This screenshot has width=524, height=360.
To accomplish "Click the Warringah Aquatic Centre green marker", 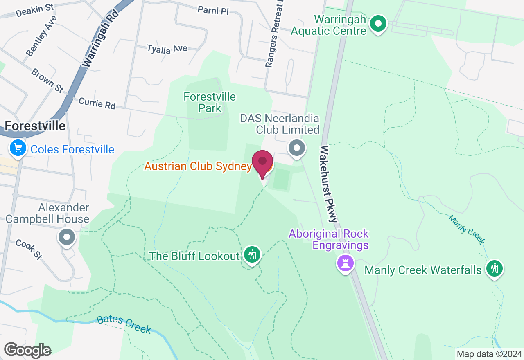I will coord(378,24).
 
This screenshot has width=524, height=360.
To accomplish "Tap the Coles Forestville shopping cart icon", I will coord(18,148).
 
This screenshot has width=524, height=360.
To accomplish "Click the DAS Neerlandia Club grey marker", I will coord(297,148).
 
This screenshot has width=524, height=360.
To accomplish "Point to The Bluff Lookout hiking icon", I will coord(252,255).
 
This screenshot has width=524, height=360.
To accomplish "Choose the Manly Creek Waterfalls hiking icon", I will coord(495,268).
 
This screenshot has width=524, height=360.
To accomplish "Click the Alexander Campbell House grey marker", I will coord(67,237).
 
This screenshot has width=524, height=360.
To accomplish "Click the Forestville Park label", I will coord(210,102).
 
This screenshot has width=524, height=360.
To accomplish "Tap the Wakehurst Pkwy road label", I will coord(330,184).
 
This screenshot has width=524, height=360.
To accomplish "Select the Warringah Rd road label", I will coord(100,38).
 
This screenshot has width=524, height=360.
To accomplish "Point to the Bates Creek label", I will coord(124,324).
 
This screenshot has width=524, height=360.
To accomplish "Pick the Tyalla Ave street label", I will coord(167,49).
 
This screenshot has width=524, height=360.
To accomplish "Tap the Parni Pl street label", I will coord(213,10).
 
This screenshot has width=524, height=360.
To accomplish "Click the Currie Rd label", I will coord(97,103).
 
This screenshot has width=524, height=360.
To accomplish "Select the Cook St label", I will coord(29,249).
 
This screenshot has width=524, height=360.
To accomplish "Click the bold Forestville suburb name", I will coord(35,126).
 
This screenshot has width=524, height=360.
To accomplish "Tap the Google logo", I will coord(27,351).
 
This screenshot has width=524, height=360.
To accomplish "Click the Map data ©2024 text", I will coord(489,354).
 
